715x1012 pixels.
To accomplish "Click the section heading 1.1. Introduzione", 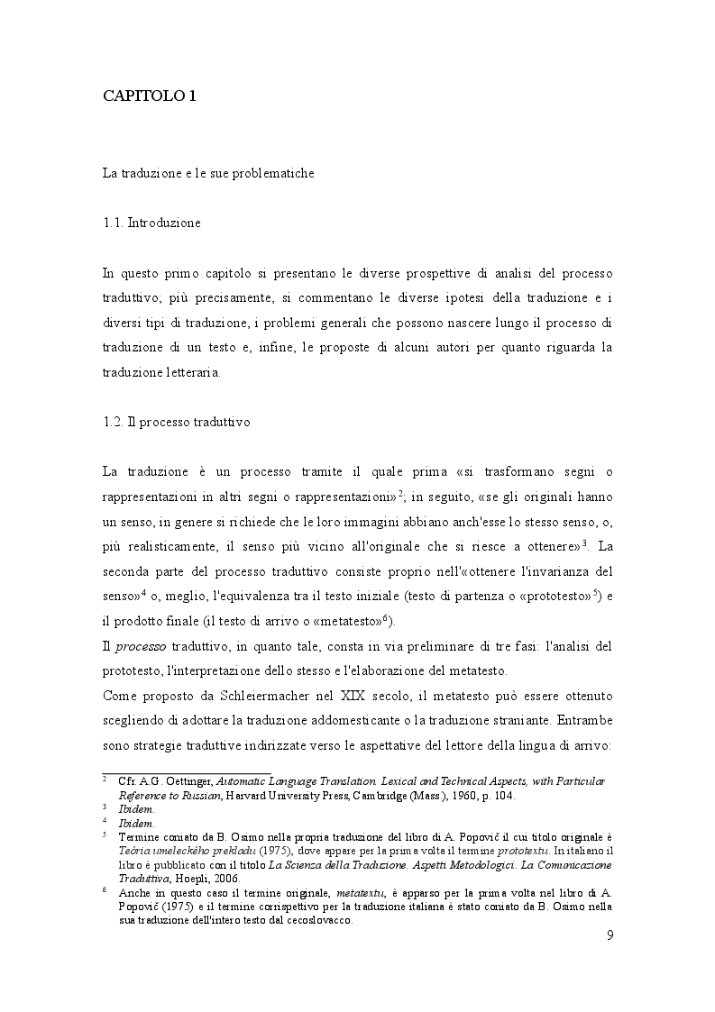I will pos(151,222).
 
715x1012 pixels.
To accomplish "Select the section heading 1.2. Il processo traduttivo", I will pos(176,423).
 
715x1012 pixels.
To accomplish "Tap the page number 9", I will pos(610,935).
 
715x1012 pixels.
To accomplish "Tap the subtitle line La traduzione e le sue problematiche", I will pos(207,173).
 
